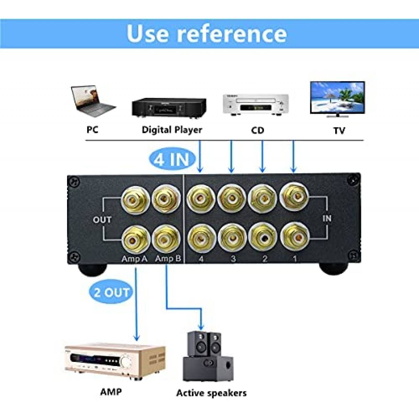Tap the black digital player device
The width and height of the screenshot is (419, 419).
(169, 107)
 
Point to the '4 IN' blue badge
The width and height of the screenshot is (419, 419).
(172, 159)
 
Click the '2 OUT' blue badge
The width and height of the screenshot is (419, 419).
(111, 292)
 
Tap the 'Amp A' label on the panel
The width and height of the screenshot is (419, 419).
(134, 259)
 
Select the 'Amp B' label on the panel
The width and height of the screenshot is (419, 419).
(168, 259)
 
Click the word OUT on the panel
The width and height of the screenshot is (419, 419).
(102, 220)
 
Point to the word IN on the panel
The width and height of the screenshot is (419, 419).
(327, 218)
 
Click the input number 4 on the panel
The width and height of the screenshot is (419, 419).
(201, 259)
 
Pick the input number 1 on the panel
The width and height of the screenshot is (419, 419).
(295, 259)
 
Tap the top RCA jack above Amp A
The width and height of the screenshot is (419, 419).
(135, 200)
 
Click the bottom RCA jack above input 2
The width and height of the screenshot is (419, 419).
(263, 237)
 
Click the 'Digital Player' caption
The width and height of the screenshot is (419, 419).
(172, 130)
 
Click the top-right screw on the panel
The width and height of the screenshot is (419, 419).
(352, 181)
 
